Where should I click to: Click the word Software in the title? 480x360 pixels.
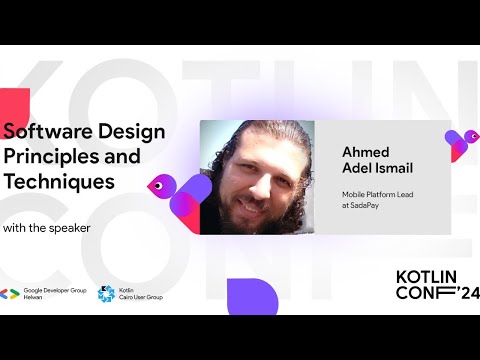(43, 131)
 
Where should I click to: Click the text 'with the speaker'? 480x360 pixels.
(47, 228)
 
